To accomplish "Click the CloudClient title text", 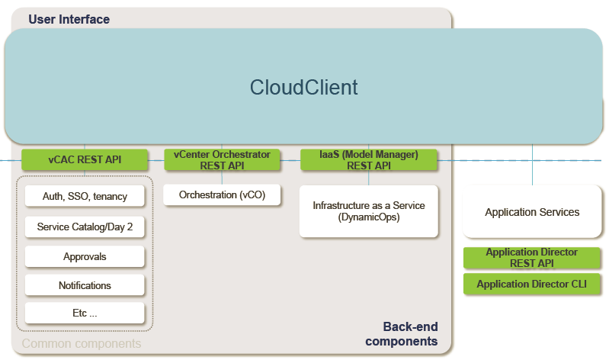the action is (x=303, y=87).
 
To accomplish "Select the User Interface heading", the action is (x=69, y=19).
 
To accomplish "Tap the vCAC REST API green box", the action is (x=85, y=159).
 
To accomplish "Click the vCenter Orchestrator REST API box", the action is (x=222, y=159).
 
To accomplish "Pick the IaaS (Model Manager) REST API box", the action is (x=369, y=159).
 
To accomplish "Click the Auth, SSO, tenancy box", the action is (x=85, y=196).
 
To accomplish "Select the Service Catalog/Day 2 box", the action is (x=85, y=227).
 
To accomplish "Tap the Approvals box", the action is (x=85, y=256).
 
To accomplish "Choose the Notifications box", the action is (x=85, y=285).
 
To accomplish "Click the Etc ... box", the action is (x=85, y=313).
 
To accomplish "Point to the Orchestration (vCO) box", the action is (x=222, y=194).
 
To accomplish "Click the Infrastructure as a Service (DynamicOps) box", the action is (x=369, y=211).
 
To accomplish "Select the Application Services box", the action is (x=532, y=211).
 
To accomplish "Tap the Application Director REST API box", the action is (x=532, y=258).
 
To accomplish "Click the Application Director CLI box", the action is (x=532, y=284).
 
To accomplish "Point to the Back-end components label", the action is (x=402, y=333).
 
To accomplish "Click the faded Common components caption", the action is (x=82, y=344).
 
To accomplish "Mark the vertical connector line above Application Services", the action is (x=532, y=165).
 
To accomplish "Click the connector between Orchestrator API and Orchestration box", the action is (x=222, y=177).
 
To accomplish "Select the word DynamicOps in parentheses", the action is (x=369, y=217).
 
